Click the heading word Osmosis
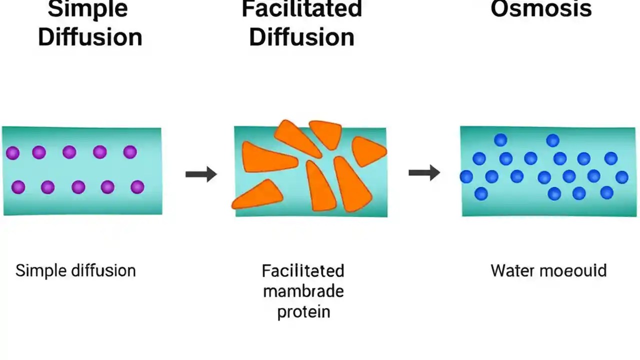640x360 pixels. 541,9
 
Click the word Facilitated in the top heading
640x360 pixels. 301,9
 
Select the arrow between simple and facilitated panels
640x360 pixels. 201,174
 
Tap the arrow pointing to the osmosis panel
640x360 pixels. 424,173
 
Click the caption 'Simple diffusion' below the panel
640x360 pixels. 75,270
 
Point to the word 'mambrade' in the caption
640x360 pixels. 303,291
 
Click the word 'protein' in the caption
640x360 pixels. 303,311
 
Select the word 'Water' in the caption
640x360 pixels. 510,270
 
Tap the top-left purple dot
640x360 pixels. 13,153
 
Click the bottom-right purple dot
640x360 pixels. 137,187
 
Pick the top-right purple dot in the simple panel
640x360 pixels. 130,152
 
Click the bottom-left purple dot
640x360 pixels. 18,187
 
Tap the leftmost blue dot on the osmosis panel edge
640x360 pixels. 466,176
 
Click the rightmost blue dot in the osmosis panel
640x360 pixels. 621,177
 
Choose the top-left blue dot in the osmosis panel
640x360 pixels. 500,140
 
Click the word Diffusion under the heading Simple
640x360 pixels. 90,37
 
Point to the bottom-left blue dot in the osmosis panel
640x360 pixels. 481,193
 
